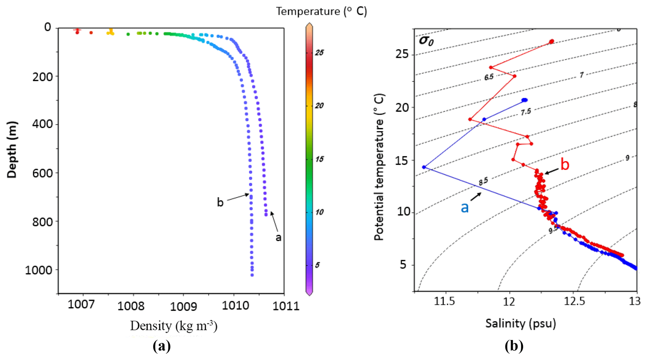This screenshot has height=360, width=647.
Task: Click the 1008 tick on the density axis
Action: point(131,306)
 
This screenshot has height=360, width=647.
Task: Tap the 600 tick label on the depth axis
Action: point(43,173)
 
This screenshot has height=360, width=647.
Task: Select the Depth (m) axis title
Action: point(12,150)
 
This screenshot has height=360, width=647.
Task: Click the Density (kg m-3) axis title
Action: point(174,326)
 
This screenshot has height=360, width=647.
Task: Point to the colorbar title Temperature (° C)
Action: point(321,11)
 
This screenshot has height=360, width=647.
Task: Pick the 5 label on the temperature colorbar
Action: point(317,265)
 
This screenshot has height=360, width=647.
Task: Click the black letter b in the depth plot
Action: point(220,203)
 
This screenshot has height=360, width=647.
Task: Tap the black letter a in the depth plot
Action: point(278,238)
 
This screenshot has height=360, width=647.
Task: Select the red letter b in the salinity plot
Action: point(565,164)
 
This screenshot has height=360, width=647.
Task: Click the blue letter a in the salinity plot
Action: point(465,207)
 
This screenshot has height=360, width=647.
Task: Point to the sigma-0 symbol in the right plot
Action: point(426,40)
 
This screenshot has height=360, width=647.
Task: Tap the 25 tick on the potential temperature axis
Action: point(402,54)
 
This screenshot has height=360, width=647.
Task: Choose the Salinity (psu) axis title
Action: point(521,323)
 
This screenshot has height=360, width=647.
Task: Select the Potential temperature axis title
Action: point(379,167)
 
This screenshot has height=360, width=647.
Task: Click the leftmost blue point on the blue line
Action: point(424,167)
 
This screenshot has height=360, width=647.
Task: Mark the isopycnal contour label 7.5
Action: point(526,112)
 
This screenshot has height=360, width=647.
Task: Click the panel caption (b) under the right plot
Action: point(514,346)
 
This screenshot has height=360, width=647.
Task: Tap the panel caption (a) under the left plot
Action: point(162,346)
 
